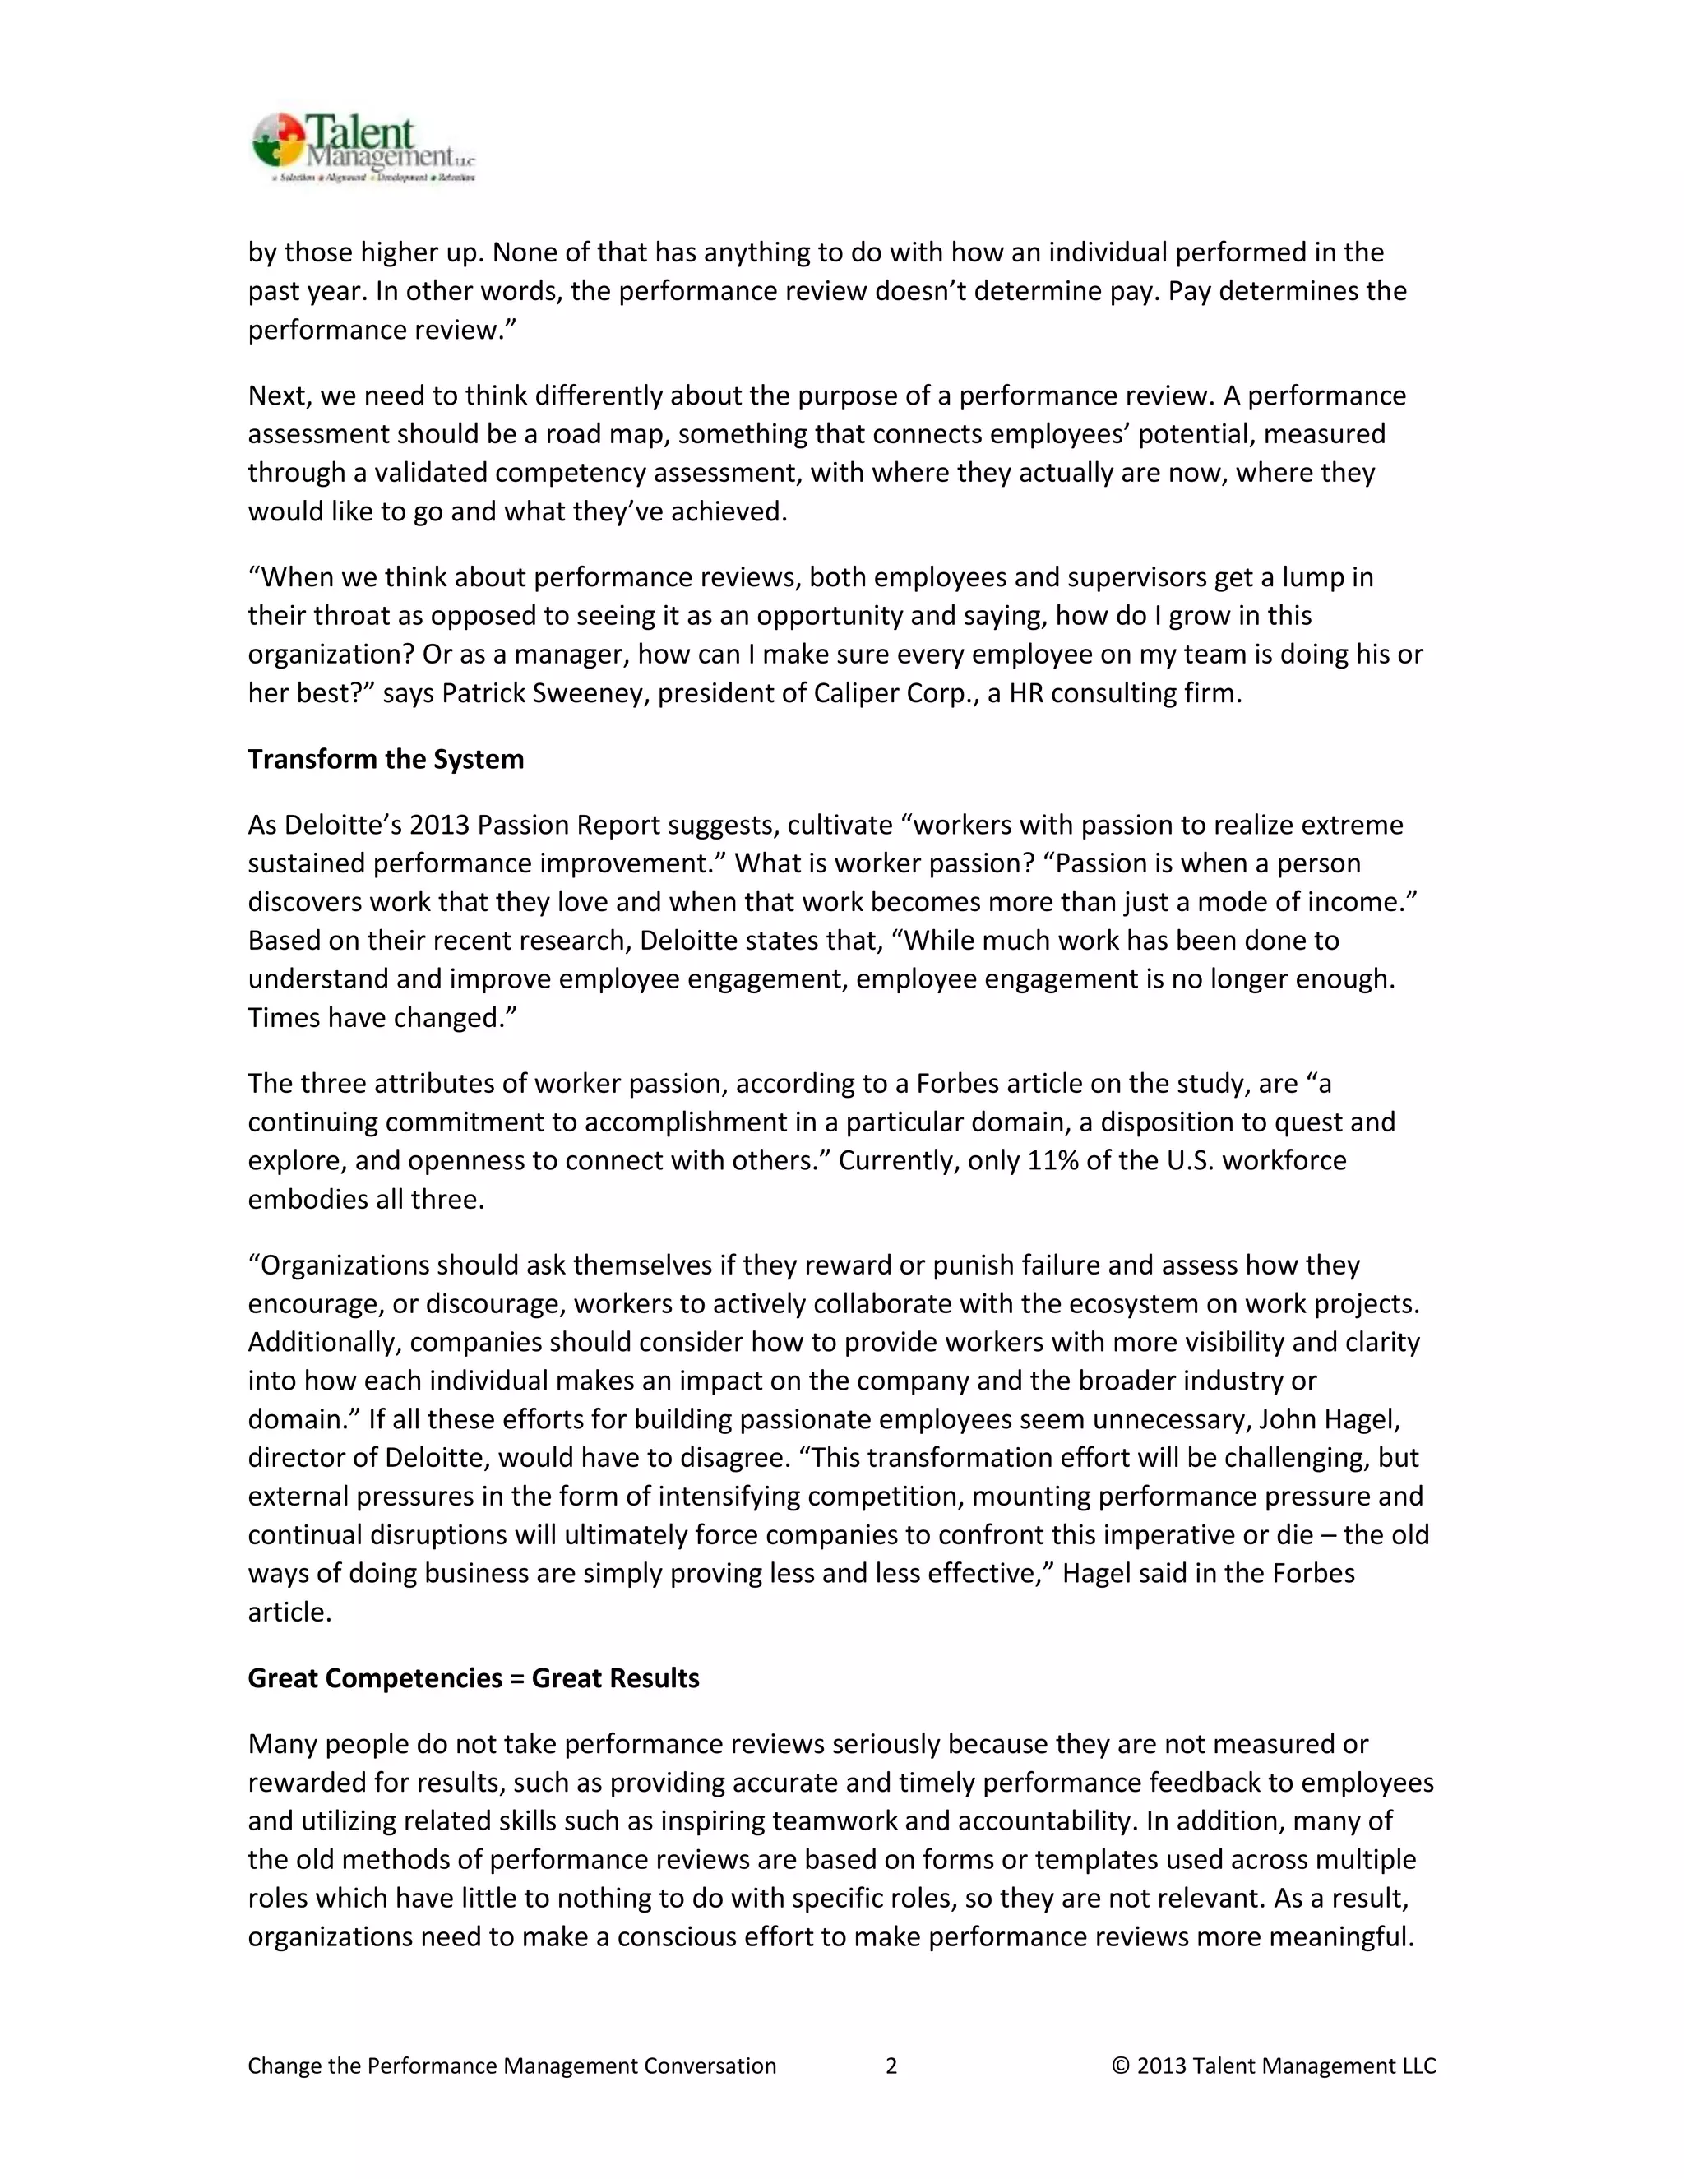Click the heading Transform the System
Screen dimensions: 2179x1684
click(385, 759)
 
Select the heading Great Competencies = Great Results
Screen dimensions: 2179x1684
click(473, 1678)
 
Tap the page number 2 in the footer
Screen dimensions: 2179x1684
click(891, 2066)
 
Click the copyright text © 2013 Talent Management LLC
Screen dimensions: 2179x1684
click(1273, 2066)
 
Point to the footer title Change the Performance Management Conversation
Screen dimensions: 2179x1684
click(511, 2066)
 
